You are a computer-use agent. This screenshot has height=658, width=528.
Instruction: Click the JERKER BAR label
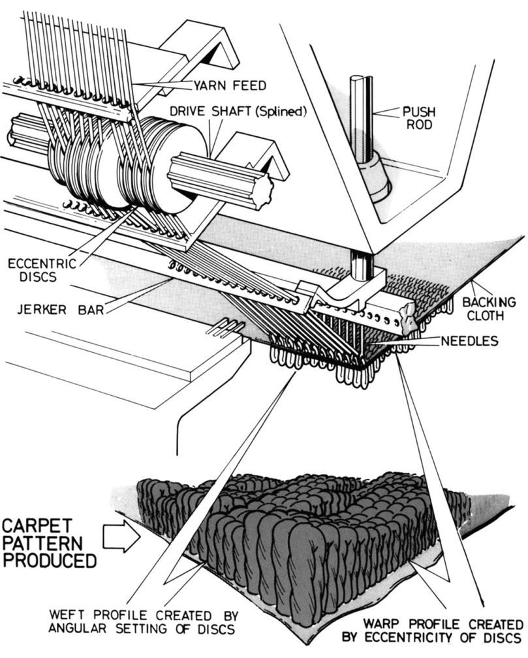[x=60, y=308]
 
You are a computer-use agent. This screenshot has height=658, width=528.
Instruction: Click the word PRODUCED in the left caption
[x=48, y=560]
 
